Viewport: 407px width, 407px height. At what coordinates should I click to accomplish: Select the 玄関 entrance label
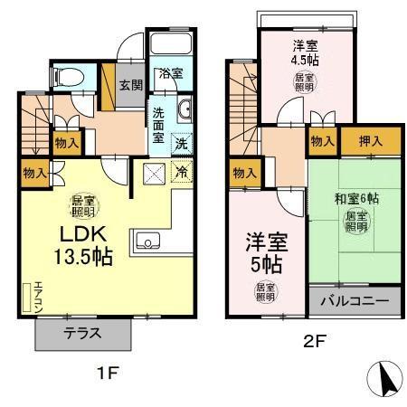[130, 85]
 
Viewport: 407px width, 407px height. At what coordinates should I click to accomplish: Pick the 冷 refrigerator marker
[180, 171]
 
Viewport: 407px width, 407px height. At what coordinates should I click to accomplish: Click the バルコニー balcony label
[353, 299]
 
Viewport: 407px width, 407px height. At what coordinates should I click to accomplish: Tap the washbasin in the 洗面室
[185, 111]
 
